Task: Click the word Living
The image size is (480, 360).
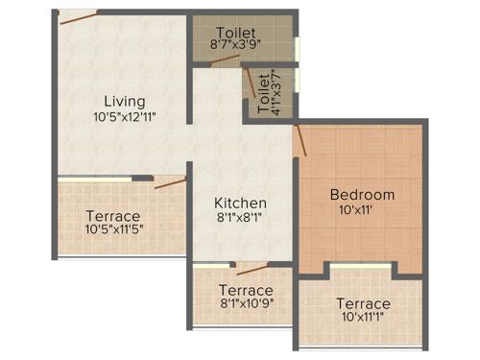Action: (125, 101)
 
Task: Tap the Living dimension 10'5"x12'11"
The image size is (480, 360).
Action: (125, 117)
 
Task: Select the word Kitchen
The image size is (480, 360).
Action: (240, 203)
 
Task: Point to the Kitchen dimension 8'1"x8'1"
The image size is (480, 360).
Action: (240, 219)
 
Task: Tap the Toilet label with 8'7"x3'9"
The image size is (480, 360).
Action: (236, 31)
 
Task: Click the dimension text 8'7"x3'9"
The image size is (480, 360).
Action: (236, 44)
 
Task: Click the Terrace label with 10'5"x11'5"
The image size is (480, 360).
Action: (112, 216)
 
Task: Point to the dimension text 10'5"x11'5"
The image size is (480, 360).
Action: (113, 230)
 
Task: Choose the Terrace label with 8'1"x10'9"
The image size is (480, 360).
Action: (246, 290)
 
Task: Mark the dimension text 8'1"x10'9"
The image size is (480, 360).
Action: (246, 304)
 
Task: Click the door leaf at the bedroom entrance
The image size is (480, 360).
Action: (300, 139)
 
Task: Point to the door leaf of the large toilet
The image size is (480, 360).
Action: (226, 60)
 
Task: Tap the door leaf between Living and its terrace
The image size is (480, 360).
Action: (170, 182)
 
